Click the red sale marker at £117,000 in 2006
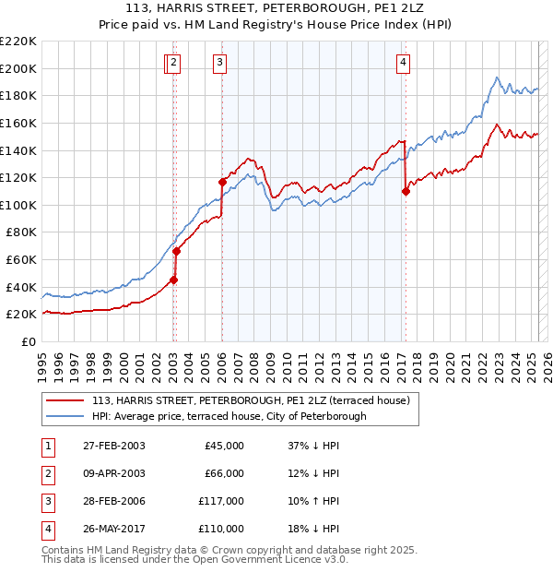pos(222,182)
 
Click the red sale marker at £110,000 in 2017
pos(406,191)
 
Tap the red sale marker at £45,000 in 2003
pos(173,280)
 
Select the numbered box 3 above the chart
pos(220,63)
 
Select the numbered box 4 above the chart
pos(404,63)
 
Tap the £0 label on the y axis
pos(29,341)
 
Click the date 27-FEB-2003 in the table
pos(113,446)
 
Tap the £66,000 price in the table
pos(224,473)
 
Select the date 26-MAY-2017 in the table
pos(113,529)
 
